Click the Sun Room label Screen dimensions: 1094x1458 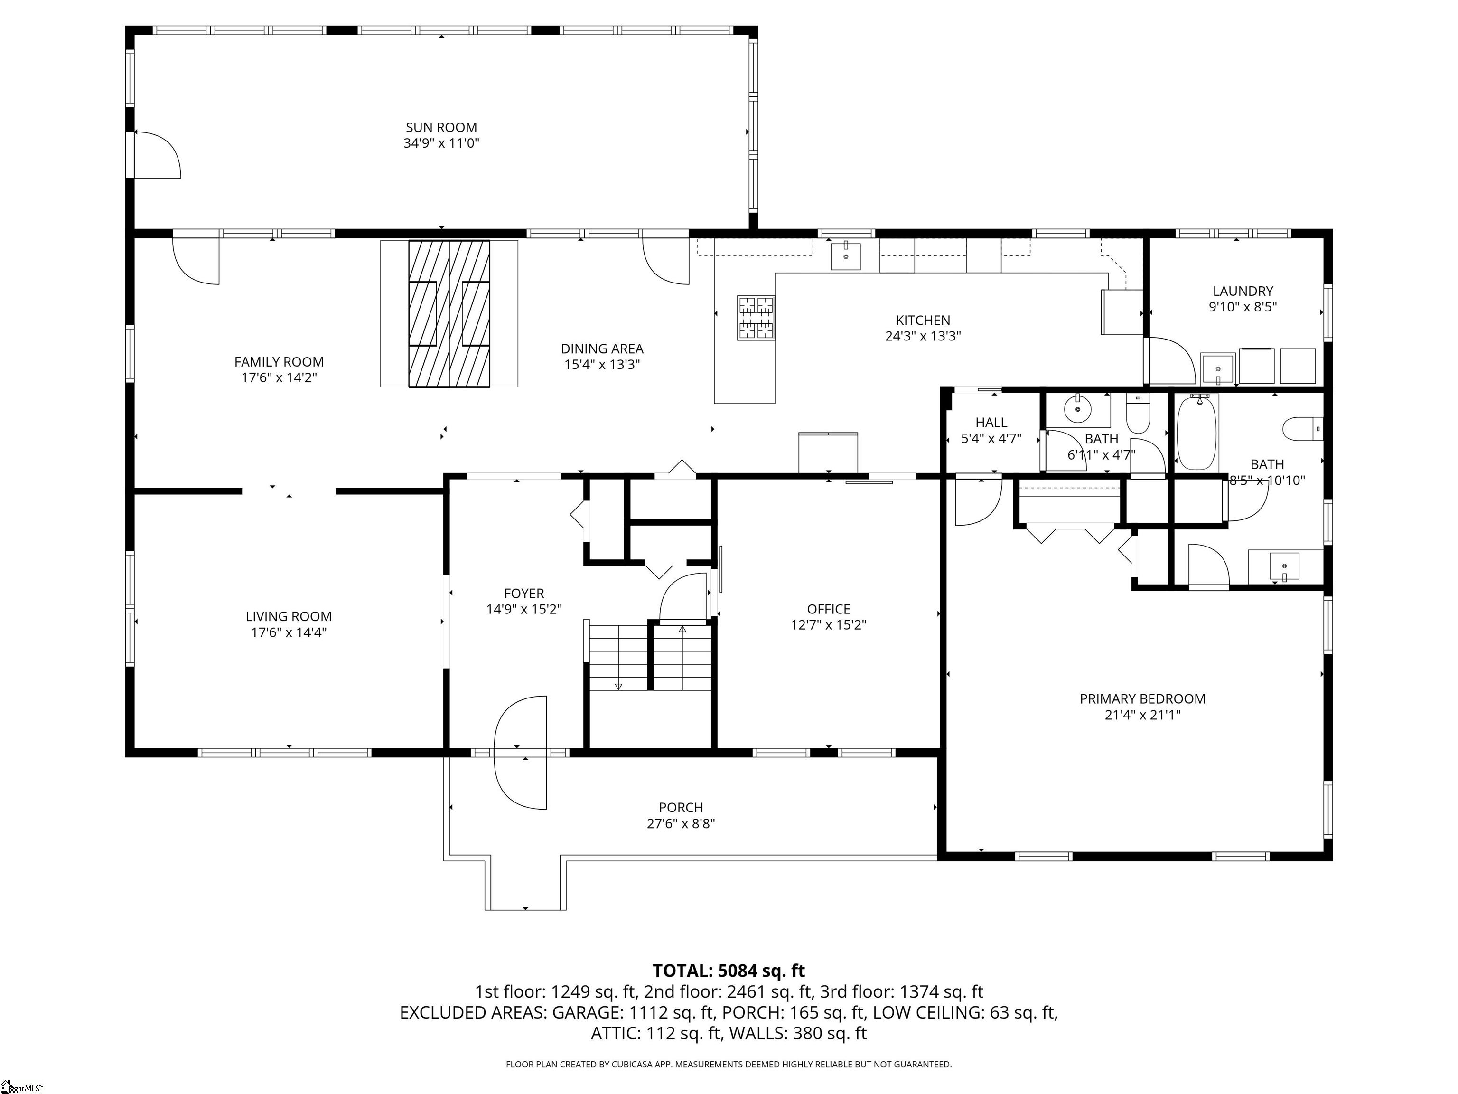tap(441, 127)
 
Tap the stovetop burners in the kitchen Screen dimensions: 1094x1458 tap(756, 317)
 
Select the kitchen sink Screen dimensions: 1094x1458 tap(846, 256)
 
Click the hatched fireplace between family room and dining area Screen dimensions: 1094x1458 tap(449, 313)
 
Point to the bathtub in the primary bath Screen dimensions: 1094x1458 tap(1197, 432)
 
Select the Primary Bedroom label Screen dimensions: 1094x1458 tap(1142, 699)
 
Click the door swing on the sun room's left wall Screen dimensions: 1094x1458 tap(157, 154)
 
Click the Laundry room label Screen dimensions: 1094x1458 tap(1243, 291)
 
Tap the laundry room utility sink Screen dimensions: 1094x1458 tap(1218, 368)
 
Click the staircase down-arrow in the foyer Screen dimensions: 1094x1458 tap(618, 686)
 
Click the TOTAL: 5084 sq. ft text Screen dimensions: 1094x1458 tap(729, 971)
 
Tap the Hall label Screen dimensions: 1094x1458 tap(991, 423)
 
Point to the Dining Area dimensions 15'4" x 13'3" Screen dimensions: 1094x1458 tap(602, 365)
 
